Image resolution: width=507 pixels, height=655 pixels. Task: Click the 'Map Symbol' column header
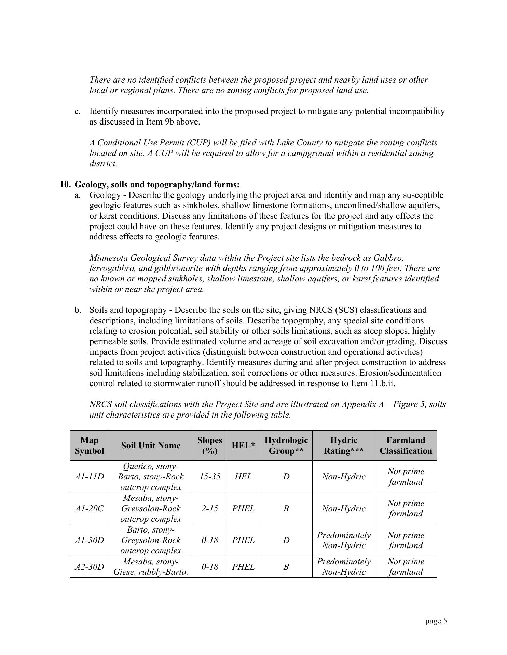point(89,445)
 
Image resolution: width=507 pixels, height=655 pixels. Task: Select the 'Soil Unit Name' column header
point(151,445)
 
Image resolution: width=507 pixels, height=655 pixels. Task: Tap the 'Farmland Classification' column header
point(406,445)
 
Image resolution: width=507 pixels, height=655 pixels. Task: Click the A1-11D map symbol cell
point(89,476)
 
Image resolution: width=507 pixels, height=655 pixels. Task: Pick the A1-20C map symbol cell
point(89,508)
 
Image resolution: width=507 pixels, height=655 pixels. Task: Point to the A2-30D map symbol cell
point(89,567)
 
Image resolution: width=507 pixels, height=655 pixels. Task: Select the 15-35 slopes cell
point(209,476)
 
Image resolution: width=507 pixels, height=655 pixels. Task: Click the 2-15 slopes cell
point(209,508)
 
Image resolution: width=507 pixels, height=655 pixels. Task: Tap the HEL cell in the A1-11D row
point(243,476)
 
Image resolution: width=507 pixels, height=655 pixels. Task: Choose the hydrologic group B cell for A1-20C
point(286,508)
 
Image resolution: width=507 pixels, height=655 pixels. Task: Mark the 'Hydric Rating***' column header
point(343,445)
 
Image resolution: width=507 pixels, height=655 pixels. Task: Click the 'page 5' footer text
point(436,621)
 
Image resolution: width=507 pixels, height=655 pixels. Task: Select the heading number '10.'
point(65,185)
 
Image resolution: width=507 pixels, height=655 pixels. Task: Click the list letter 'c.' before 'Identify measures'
point(78,111)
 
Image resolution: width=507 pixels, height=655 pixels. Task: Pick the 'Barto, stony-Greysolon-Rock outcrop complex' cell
point(151,540)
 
